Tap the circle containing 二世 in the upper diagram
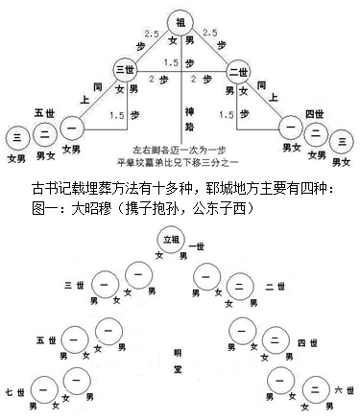pyautogui.click(x=237, y=72)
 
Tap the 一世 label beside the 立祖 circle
pyautogui.click(x=203, y=246)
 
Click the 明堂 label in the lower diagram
pyautogui.click(x=176, y=344)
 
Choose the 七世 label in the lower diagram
pyautogui.click(x=16, y=392)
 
